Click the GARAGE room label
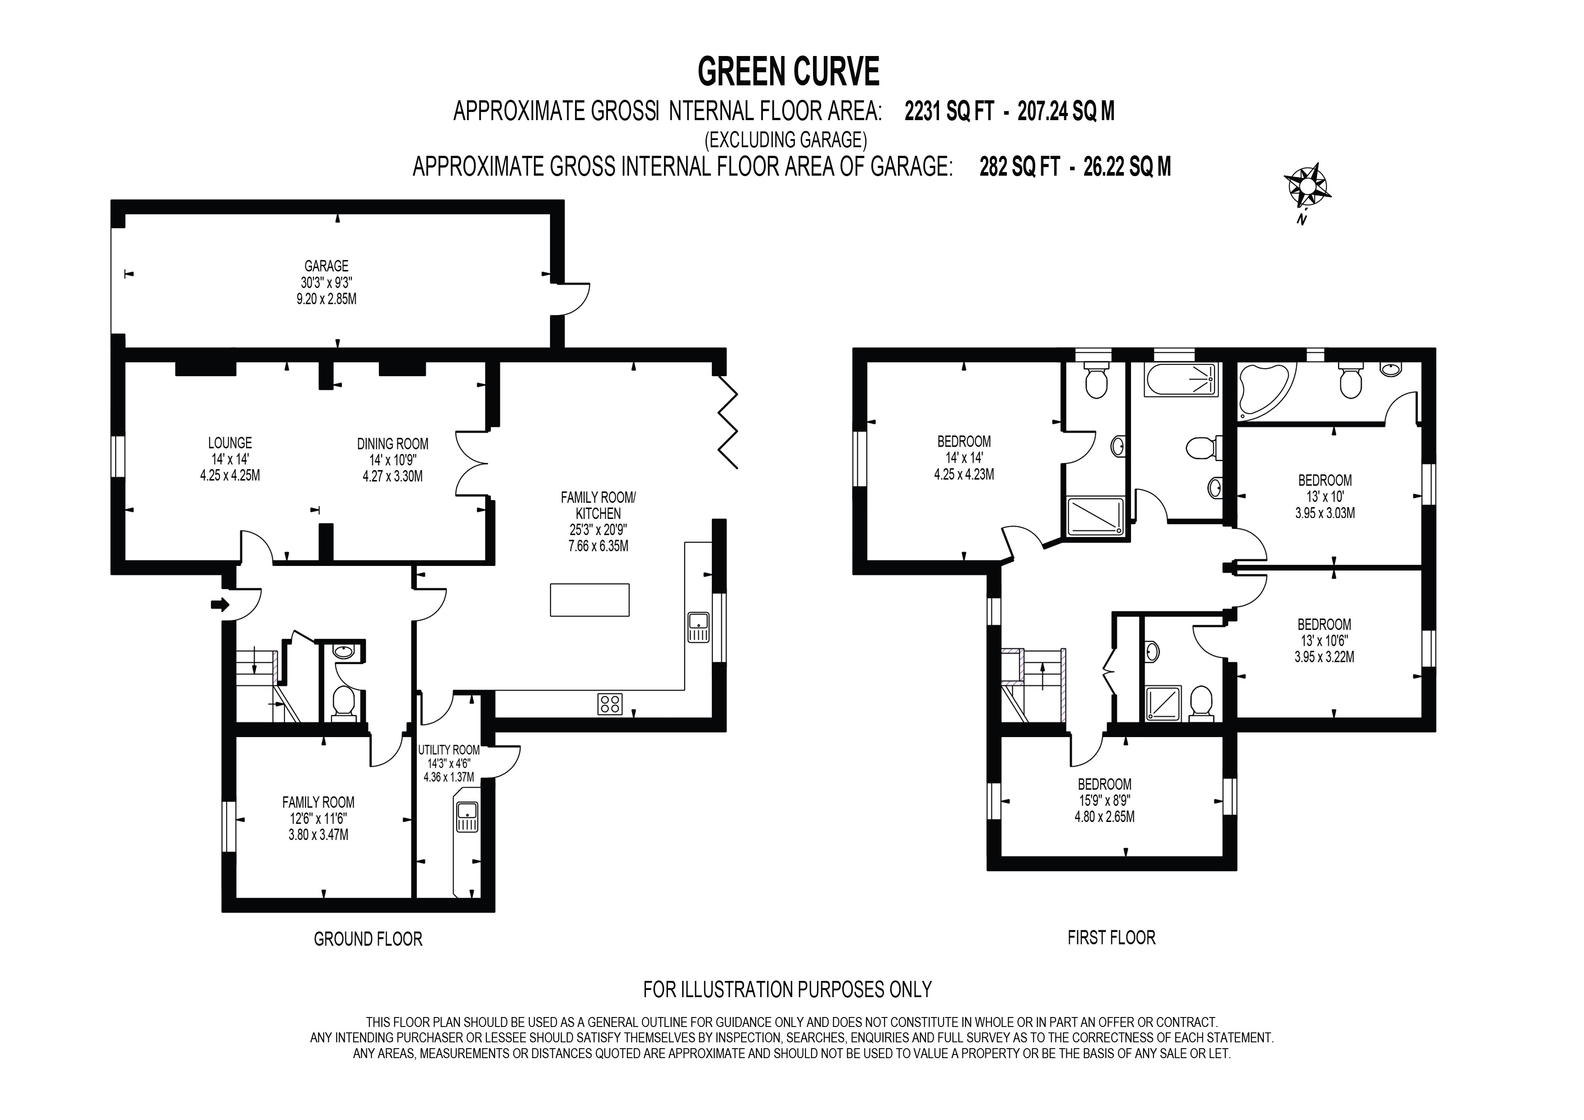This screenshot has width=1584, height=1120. (x=326, y=266)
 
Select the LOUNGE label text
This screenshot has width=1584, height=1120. (x=230, y=443)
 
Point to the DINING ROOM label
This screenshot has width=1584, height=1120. (x=392, y=444)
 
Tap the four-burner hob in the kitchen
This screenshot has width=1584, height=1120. (x=610, y=704)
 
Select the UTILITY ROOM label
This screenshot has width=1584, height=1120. (x=449, y=750)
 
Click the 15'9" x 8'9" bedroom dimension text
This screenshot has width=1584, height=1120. (x=1104, y=801)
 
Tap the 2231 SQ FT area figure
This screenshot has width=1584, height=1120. (x=948, y=111)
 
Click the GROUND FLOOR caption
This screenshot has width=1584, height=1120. (x=368, y=939)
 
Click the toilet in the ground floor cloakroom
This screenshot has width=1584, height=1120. (x=343, y=703)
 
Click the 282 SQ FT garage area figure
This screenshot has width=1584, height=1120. (x=1019, y=168)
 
